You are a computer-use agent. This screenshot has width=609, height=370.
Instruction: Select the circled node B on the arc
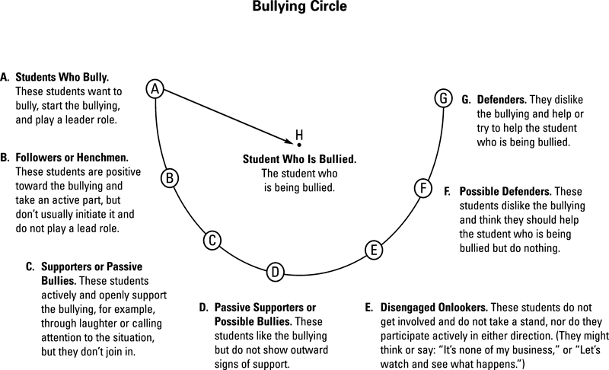coord(171,178)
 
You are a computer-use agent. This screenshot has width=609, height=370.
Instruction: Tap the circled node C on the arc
coord(213,241)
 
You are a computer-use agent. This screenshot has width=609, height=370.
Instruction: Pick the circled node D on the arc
coord(276,271)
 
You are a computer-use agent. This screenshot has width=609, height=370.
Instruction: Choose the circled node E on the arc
coord(372,249)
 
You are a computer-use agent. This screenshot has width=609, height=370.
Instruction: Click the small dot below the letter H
coord(299,144)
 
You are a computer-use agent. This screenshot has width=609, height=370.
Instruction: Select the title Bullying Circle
coord(304,10)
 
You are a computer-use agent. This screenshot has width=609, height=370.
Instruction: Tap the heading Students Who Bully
coord(63,78)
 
